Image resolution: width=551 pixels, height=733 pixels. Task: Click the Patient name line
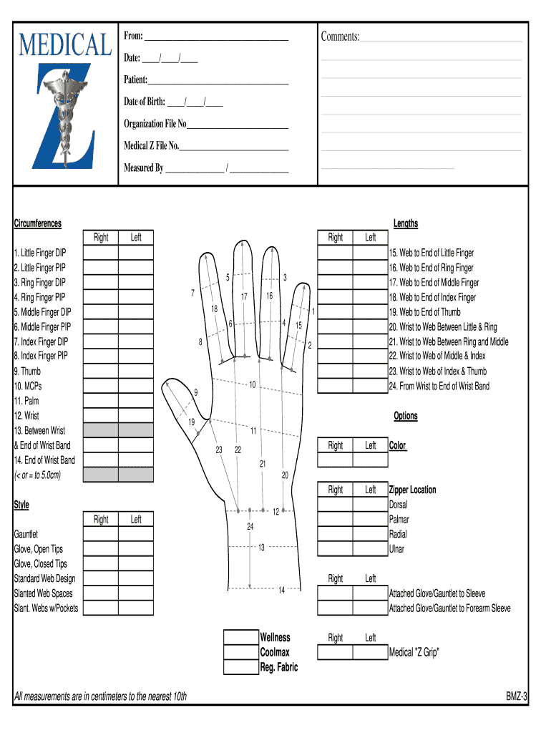pyautogui.click(x=218, y=80)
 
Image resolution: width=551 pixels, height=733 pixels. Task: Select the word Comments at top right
pyautogui.click(x=340, y=37)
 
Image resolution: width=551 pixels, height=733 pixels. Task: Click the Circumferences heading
pyautogui.click(x=38, y=223)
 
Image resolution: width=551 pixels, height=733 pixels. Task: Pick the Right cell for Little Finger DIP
pyautogui.click(x=101, y=253)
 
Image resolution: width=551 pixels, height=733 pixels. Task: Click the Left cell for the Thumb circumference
pyautogui.click(x=136, y=371)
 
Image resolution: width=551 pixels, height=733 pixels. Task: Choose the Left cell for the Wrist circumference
pyautogui.click(x=136, y=415)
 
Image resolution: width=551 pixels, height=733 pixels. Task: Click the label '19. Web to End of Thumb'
pyautogui.click(x=424, y=312)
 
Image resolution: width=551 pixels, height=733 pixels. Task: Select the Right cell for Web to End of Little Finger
pyautogui.click(x=335, y=253)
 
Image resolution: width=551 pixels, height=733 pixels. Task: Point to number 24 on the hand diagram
pyautogui.click(x=250, y=527)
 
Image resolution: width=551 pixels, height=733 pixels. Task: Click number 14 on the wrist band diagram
pyautogui.click(x=281, y=590)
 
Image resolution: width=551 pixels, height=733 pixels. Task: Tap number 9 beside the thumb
pyautogui.click(x=195, y=392)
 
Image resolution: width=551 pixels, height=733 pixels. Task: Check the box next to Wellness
pyautogui.click(x=241, y=637)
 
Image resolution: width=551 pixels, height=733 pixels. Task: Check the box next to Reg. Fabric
pyautogui.click(x=241, y=667)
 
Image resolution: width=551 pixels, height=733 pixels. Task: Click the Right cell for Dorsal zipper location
pyautogui.click(x=335, y=505)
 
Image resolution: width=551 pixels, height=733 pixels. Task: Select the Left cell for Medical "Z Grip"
pyautogui.click(x=370, y=652)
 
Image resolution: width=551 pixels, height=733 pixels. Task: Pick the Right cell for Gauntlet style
pyautogui.click(x=101, y=534)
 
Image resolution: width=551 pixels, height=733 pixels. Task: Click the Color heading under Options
pyautogui.click(x=397, y=445)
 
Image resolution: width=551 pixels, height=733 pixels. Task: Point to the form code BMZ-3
pyautogui.click(x=516, y=696)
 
